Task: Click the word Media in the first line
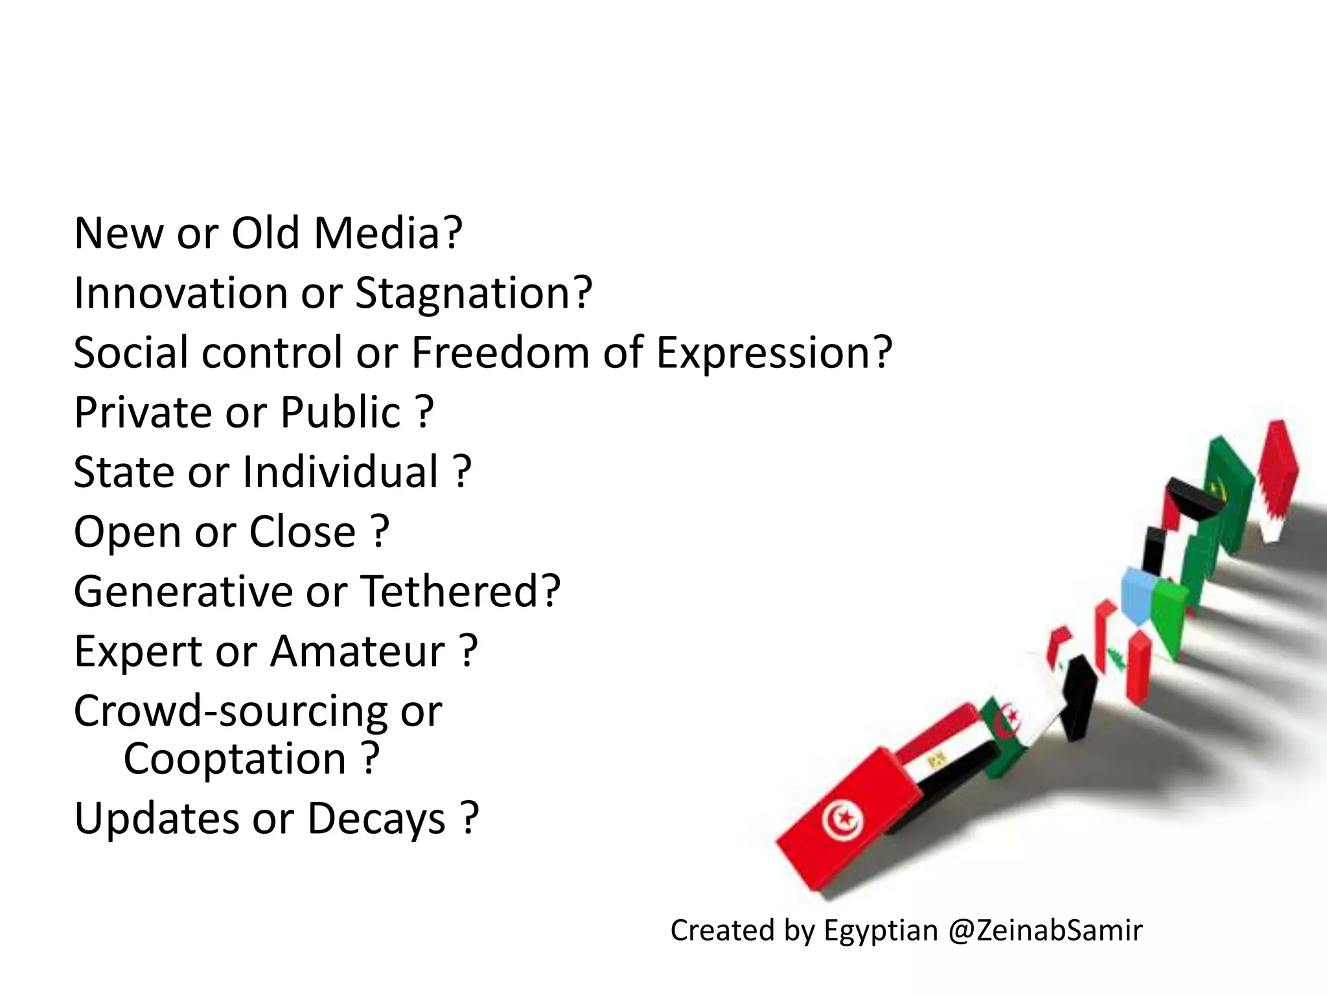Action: point(387,233)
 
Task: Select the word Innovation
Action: point(181,293)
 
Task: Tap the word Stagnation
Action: point(473,294)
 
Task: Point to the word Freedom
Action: point(500,353)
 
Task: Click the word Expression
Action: point(774,354)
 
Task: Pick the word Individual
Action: point(341,472)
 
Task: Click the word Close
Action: point(303,532)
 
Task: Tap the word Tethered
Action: point(459,591)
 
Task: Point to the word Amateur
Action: point(358,651)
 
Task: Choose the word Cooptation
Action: point(235,759)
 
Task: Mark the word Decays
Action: point(376,819)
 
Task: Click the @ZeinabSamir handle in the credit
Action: point(1045,931)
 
